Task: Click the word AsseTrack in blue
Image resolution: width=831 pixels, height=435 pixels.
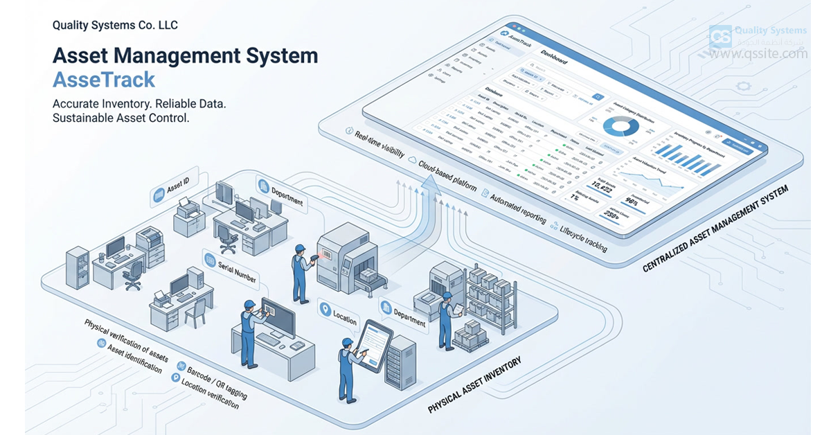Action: [104, 80]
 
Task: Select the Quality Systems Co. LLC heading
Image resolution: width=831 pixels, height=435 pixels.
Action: [115, 26]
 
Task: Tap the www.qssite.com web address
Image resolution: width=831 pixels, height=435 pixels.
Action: [758, 53]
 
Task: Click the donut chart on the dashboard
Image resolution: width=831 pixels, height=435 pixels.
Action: [621, 126]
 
